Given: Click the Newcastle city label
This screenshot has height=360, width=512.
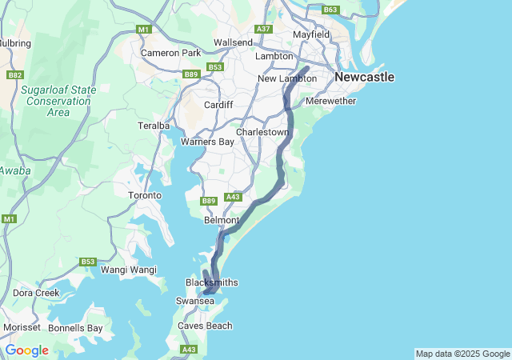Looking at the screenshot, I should (x=364, y=78).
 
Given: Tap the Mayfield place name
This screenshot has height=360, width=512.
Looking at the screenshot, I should (x=312, y=35).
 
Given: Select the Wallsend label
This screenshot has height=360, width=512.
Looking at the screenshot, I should (x=233, y=42).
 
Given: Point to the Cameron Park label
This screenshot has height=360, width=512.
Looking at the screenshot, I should (x=170, y=53).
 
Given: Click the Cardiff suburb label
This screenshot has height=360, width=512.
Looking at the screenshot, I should (x=218, y=105).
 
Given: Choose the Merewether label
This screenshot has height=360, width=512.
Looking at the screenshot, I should (x=330, y=102).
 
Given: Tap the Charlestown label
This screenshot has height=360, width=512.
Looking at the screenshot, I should (x=262, y=132).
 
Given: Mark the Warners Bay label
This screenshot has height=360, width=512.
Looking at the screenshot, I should (x=207, y=142).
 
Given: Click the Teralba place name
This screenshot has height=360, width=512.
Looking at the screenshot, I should (x=154, y=126).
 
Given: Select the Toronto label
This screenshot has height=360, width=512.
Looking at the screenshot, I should (x=145, y=195).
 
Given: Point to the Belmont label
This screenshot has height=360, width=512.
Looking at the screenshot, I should (x=222, y=220).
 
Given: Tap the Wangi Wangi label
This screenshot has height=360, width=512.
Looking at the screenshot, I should (x=129, y=270).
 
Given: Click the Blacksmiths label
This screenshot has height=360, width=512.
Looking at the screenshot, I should (x=211, y=283).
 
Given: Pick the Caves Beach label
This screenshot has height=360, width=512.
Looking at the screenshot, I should (x=205, y=326).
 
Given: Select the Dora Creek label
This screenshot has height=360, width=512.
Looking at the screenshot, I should (x=36, y=293).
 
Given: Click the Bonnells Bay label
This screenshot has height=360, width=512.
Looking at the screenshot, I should (x=75, y=328).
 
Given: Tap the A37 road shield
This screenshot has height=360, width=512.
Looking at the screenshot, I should (x=263, y=29).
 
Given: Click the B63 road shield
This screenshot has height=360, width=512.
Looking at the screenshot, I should (x=330, y=10).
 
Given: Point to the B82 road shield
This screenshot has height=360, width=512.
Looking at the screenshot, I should (x=14, y=74).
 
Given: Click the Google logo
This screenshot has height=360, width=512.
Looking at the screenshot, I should (x=27, y=350).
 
